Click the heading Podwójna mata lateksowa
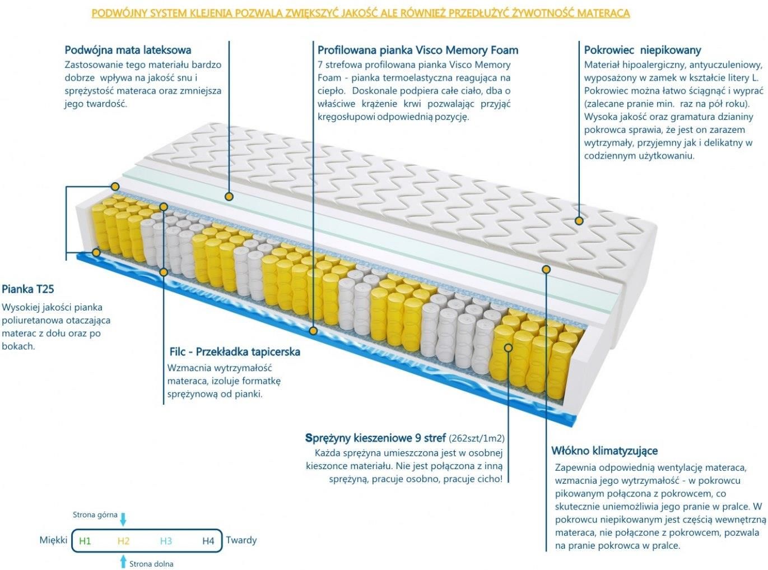point(128,50)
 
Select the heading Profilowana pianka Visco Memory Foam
point(418,50)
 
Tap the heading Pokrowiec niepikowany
point(643,50)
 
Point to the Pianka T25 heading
point(28,289)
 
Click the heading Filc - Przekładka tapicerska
point(235,352)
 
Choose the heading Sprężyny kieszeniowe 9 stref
point(375,438)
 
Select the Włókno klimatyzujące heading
point(604,451)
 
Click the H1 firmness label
point(85,541)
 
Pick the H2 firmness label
point(124,541)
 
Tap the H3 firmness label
point(166,541)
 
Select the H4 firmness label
point(208,541)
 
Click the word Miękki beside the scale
point(53,540)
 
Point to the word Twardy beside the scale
point(241,540)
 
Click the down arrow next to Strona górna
point(123,520)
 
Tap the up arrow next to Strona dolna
point(123,562)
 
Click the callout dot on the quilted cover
point(579,220)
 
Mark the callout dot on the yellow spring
point(508,347)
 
